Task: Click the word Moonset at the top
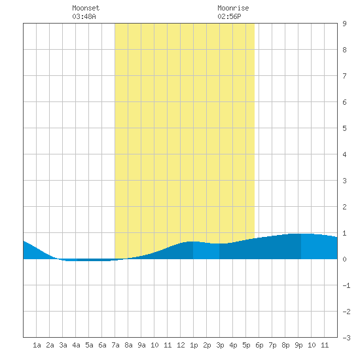coord(86,8)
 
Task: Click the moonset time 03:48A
coord(84,16)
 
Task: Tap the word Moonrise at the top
coord(233,8)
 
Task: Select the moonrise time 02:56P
coord(229,16)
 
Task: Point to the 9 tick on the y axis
coord(344,24)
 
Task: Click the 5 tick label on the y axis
coord(344,128)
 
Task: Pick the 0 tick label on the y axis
coord(344,259)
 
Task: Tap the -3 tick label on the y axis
coord(346,338)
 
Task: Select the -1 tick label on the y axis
coord(346,285)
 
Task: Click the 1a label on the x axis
coord(37,345)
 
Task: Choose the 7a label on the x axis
coord(115,345)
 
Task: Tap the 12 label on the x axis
coord(181,345)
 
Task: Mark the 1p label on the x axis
coord(194,345)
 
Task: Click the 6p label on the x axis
coord(259,345)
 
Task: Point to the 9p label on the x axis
coord(298,345)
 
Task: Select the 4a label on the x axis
coord(76,345)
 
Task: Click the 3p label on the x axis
coord(220,345)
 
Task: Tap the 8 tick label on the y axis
coord(344,50)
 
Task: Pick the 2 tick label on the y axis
coord(344,207)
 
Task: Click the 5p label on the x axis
coord(246,345)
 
